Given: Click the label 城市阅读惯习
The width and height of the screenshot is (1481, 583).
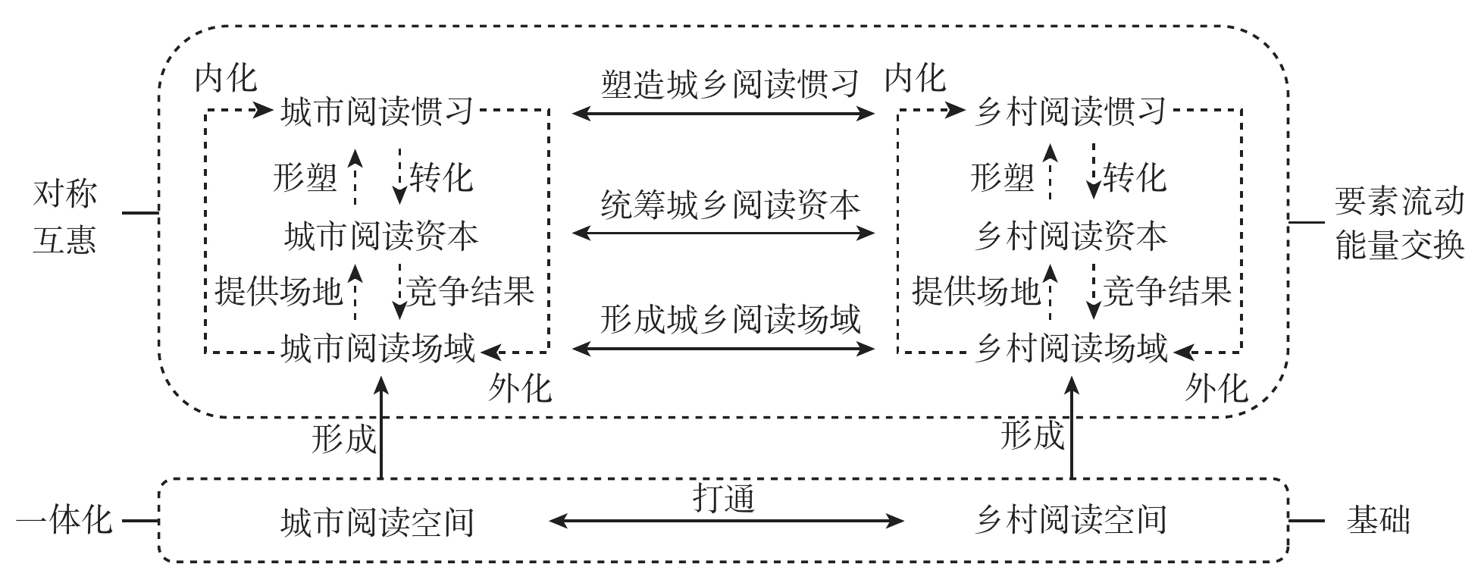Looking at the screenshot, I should pos(377,112).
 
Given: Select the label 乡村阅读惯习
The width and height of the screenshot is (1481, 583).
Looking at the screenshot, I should pos(1069,112).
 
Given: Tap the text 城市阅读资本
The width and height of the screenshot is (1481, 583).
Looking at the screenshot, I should pos(381,236).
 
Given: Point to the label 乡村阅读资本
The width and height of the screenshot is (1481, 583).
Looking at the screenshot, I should pos(1070,236).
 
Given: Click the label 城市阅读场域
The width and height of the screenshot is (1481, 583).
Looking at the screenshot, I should pos(377,349).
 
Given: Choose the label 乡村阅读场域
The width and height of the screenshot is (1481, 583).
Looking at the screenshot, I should pos(1070,349).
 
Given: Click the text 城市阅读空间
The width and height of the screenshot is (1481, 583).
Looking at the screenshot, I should pos(377,522).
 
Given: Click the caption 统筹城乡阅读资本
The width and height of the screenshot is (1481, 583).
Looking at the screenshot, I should pos(730,204).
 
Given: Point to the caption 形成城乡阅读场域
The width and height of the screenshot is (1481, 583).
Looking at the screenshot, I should pos(730,319).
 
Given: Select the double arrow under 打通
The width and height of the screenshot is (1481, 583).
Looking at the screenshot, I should pos(725,521).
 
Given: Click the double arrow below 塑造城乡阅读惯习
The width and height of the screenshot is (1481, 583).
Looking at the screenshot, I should pos(724,114).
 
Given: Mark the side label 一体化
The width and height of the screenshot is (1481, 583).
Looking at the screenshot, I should pos(64,521).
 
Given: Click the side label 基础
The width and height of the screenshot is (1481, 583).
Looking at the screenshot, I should pos(1378,521).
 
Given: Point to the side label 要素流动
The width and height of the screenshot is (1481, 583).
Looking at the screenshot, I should pos(1399,202).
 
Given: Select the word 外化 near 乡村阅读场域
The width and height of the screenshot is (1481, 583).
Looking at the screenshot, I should pos(1216,388).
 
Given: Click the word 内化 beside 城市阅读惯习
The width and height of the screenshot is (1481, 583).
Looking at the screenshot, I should pos(226,77).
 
